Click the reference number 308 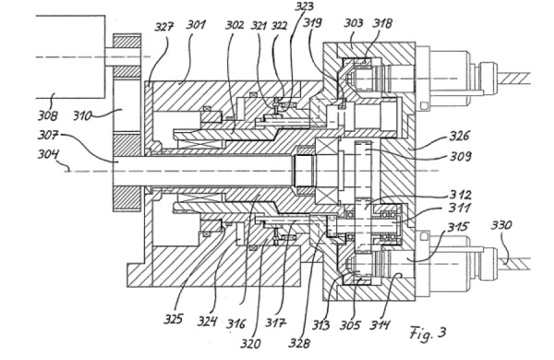pyautogui.click(x=48, y=115)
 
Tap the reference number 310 pyautogui.click(x=83, y=115)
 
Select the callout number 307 pyautogui.click(x=48, y=135)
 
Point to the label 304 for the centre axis pyautogui.click(x=49, y=155)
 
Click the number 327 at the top pyautogui.click(x=164, y=27)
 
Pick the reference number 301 pyautogui.click(x=196, y=25)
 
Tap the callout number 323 pyautogui.click(x=304, y=6)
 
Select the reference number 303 pyautogui.click(x=354, y=23)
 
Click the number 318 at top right pyautogui.click(x=382, y=23)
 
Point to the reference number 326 pyautogui.click(x=459, y=136)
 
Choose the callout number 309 pyautogui.click(x=461, y=156)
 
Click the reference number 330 pyautogui.click(x=501, y=224)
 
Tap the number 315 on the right pyautogui.click(x=458, y=227)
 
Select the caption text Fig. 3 pyautogui.click(x=428, y=333)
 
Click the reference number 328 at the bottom pyautogui.click(x=299, y=342)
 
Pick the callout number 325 pyautogui.click(x=174, y=319)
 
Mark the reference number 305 pyautogui.click(x=350, y=325)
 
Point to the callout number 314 pyautogui.click(x=380, y=325)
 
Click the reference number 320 pyautogui.click(x=251, y=342)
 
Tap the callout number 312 pyautogui.click(x=460, y=195)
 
